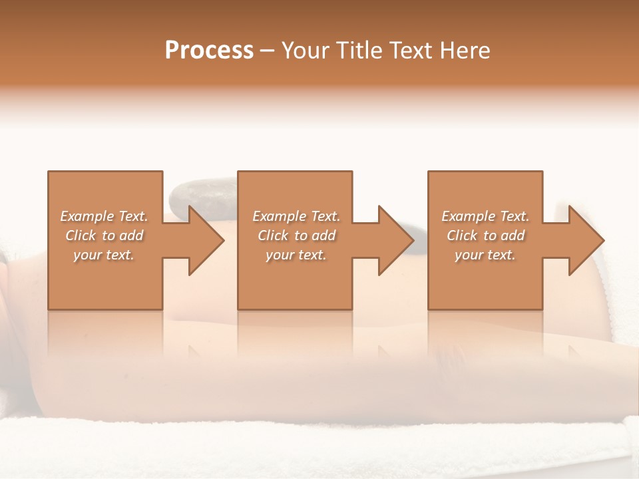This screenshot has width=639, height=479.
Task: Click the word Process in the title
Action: tap(209, 51)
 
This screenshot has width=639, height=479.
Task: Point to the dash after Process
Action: tap(268, 51)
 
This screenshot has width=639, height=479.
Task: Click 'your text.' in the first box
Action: tap(104, 255)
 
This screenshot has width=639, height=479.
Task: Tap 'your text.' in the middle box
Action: tap(296, 255)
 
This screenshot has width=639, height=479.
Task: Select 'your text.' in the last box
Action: tap(485, 255)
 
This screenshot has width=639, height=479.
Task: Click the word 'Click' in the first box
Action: tap(81, 236)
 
